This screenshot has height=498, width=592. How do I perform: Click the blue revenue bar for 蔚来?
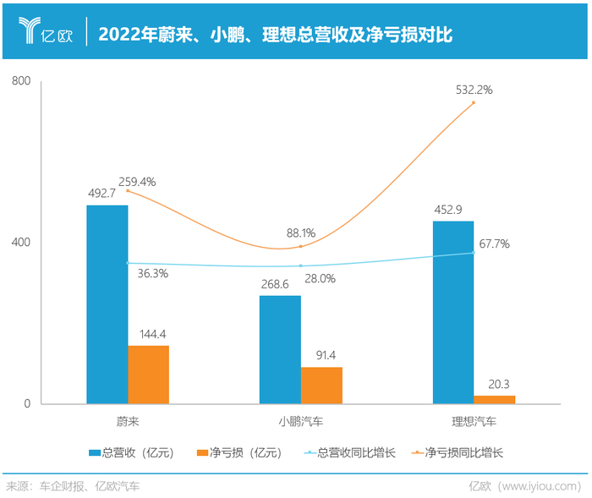pos(107,304)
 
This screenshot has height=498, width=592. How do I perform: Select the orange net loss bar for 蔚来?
pos(148,375)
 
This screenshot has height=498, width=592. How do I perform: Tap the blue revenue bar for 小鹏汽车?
pos(280,349)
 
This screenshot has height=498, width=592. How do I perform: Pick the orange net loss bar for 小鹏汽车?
pos(321,386)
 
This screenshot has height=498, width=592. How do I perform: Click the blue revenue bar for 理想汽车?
pos(453,312)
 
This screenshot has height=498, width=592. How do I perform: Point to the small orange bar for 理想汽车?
pos(494,399)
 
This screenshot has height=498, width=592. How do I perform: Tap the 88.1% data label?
pos(301,233)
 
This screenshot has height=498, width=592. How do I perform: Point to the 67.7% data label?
pos(494,244)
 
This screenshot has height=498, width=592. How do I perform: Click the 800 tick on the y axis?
pos(21,81)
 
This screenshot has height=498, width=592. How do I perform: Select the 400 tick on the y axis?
pos(21,243)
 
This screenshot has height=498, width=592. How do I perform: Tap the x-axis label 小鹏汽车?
pos(300,420)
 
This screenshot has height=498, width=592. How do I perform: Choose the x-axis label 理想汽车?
pos(474,420)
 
